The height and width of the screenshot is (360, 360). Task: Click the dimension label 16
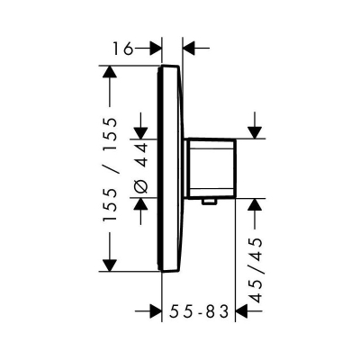[122, 49]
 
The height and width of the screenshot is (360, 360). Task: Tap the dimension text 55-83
[199, 311]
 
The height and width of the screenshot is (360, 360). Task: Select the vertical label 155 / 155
[109, 170]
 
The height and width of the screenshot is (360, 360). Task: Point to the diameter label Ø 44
[140, 168]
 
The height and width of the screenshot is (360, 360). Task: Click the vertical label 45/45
[256, 270]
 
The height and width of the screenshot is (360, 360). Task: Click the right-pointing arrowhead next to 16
[156, 48]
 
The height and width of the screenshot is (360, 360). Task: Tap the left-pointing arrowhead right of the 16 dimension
[189, 48]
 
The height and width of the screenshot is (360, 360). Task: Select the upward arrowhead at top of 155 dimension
[110, 71]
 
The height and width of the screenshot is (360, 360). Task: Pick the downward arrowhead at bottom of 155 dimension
[110, 265]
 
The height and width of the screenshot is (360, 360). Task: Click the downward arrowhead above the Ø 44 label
[140, 133]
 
